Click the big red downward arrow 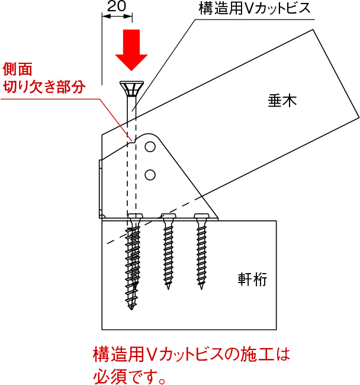(x=131, y=50)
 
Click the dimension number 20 (x=117, y=7)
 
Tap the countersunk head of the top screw (x=131, y=88)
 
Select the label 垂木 (x=282, y=101)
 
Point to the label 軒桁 (x=252, y=279)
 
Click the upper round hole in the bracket (x=150, y=147)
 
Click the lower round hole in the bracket (x=150, y=175)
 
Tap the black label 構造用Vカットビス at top (x=255, y=8)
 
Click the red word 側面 (x=17, y=69)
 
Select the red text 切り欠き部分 (x=44, y=86)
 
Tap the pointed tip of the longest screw (x=131, y=309)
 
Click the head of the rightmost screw (x=202, y=216)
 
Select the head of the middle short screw (x=168, y=216)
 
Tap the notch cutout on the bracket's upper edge (x=134, y=139)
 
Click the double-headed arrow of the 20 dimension (x=117, y=17)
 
